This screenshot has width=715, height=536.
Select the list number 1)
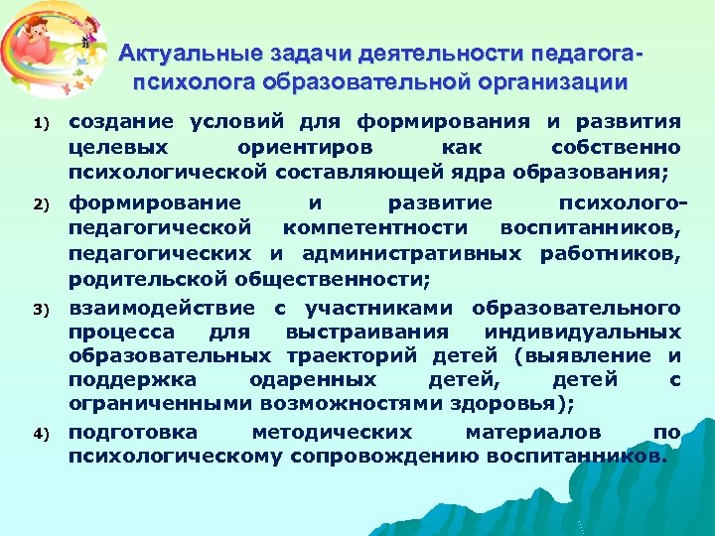point(40,124)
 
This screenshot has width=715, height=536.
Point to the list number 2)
point(40,205)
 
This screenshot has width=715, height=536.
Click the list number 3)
point(40,311)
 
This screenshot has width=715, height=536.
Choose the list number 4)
point(40,435)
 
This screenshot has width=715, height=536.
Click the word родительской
point(145,279)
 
